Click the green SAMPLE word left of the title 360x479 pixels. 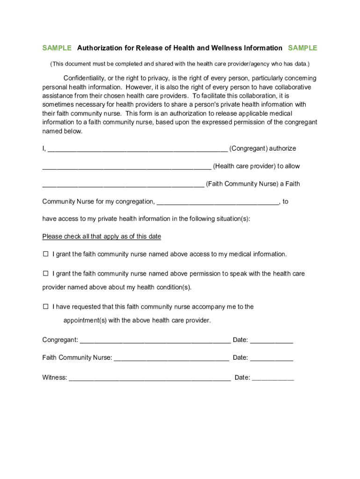(57, 48)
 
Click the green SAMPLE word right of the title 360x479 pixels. (302, 48)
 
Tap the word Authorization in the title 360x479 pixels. (99, 48)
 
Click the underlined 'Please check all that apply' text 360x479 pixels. (101, 237)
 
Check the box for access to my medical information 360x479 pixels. (46, 254)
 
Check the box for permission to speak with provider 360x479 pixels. (46, 273)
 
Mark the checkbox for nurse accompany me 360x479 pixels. (46, 307)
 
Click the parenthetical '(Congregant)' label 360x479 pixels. (248, 148)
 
